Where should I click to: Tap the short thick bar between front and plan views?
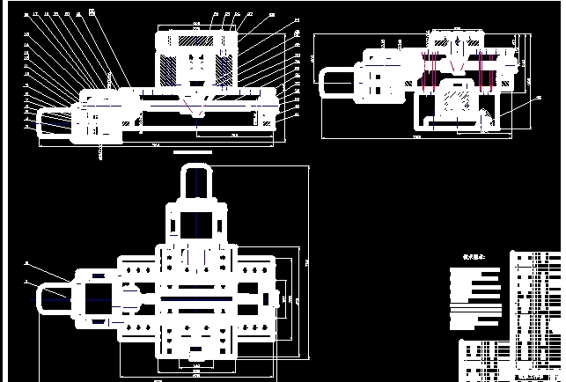[x=193, y=151]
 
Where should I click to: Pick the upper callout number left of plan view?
[x=26, y=263]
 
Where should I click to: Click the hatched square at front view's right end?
[x=267, y=121]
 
